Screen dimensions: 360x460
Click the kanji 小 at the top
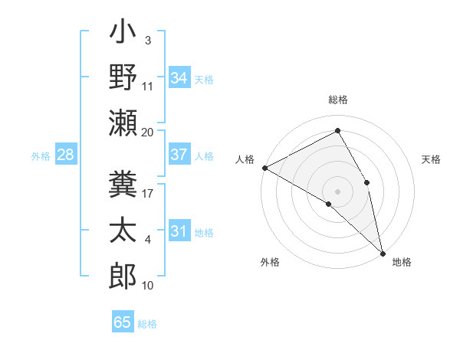[123, 34]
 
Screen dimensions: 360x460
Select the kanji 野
[123, 78]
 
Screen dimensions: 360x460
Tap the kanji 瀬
[123, 123]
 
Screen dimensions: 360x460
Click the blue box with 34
[179, 78]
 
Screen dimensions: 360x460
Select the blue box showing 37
[179, 155]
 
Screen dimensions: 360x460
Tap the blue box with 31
[179, 231]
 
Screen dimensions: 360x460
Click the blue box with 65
[123, 322]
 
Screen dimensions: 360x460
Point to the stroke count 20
[148, 132]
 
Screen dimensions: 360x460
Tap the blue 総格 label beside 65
[147, 324]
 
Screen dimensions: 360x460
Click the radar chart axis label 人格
[245, 159]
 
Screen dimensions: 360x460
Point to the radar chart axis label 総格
[338, 100]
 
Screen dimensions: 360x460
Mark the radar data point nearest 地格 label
[383, 253]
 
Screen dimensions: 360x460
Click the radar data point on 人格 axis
[264, 167]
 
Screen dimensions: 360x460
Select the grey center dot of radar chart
[338, 191]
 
